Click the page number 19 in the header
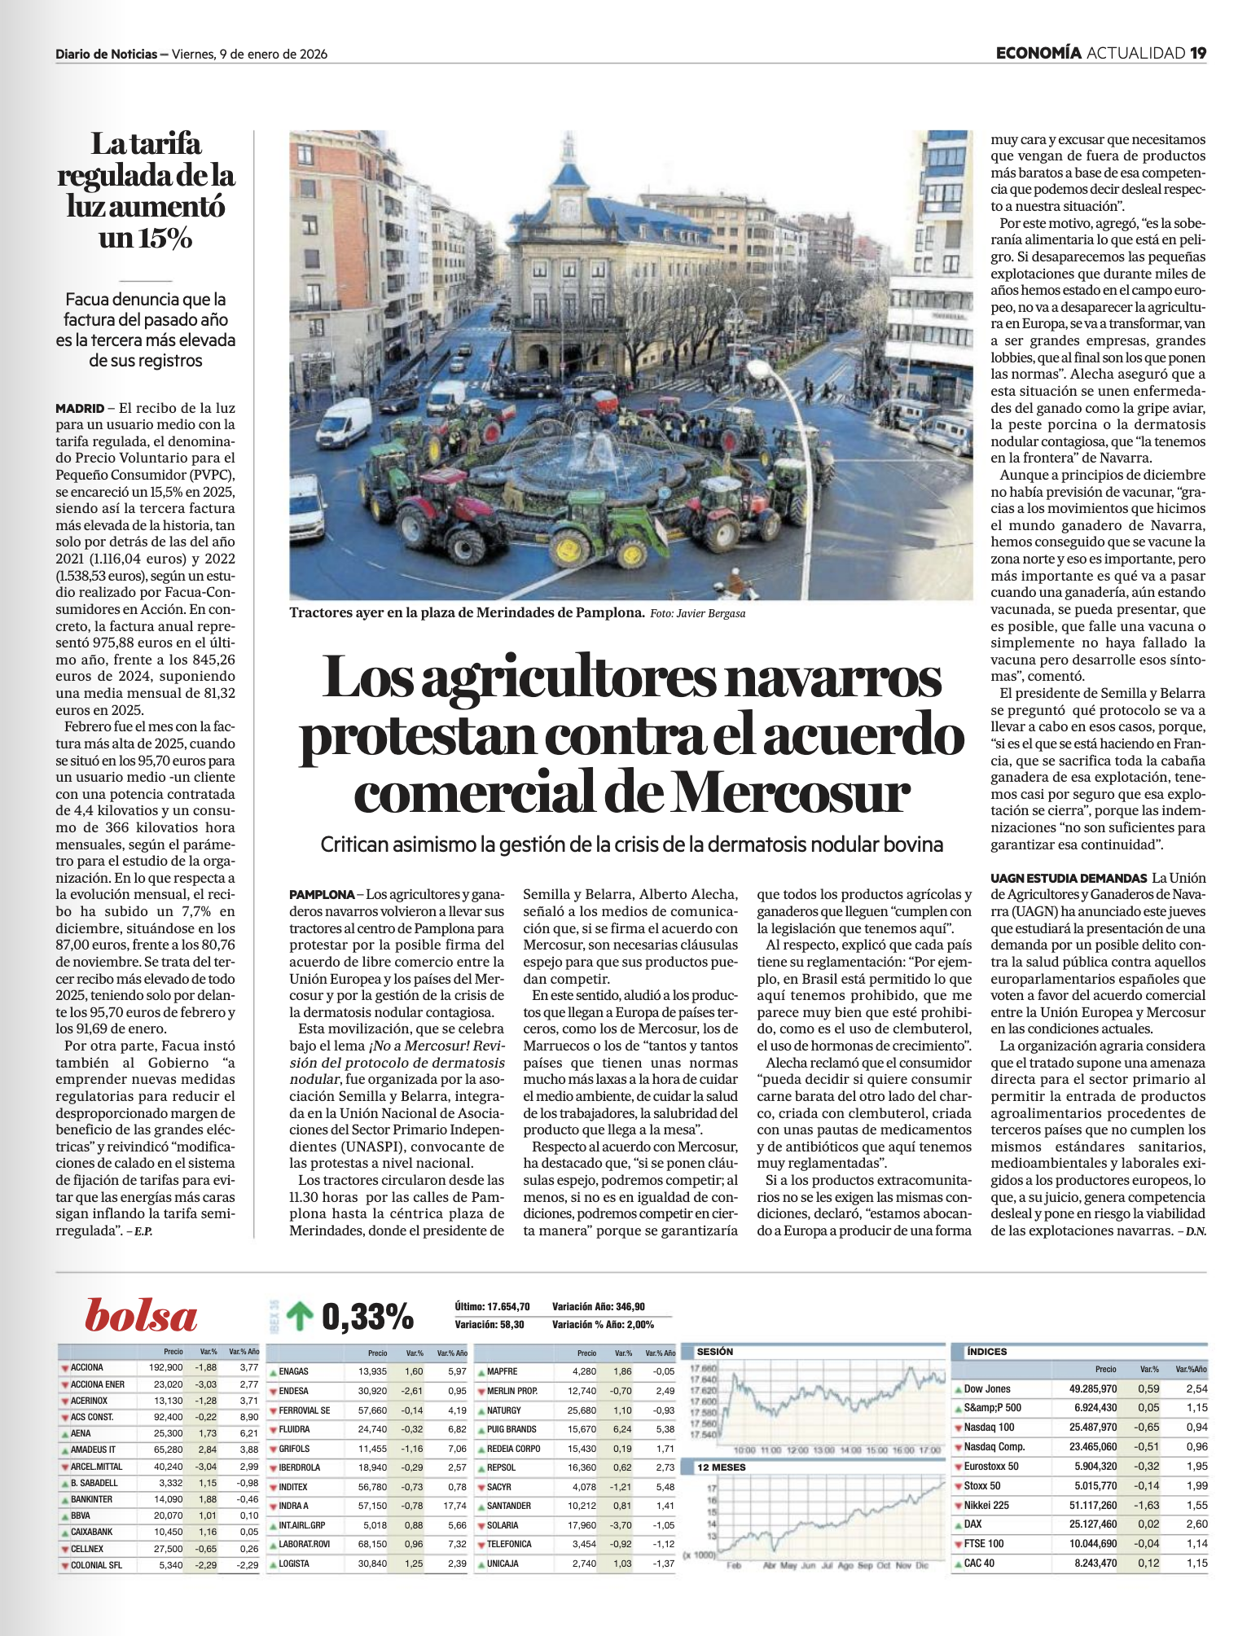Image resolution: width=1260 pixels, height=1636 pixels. pyautogui.click(x=1197, y=54)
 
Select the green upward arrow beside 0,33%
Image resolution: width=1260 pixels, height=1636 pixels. pyautogui.click(x=300, y=1316)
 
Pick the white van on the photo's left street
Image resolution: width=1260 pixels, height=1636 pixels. pyautogui.click(x=345, y=421)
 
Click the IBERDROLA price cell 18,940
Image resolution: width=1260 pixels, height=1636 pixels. pyautogui.click(x=373, y=1467)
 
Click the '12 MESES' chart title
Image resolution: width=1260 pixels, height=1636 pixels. pyautogui.click(x=721, y=1467)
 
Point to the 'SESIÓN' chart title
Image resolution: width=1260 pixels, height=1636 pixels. pyautogui.click(x=714, y=1352)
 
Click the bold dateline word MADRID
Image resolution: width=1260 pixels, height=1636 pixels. pyautogui.click(x=80, y=408)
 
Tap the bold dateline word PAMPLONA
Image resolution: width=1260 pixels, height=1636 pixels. pyautogui.click(x=322, y=894)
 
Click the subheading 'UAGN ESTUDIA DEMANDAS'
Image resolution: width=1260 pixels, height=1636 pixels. pyautogui.click(x=1068, y=878)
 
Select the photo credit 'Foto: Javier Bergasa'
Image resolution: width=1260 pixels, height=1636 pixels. pyautogui.click(x=697, y=613)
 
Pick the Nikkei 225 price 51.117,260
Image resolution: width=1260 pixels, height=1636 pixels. pyautogui.click(x=1093, y=1506)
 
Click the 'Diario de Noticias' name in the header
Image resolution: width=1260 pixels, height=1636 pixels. pyautogui.click(x=106, y=55)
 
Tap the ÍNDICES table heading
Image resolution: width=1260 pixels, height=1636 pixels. pyautogui.click(x=986, y=1352)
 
